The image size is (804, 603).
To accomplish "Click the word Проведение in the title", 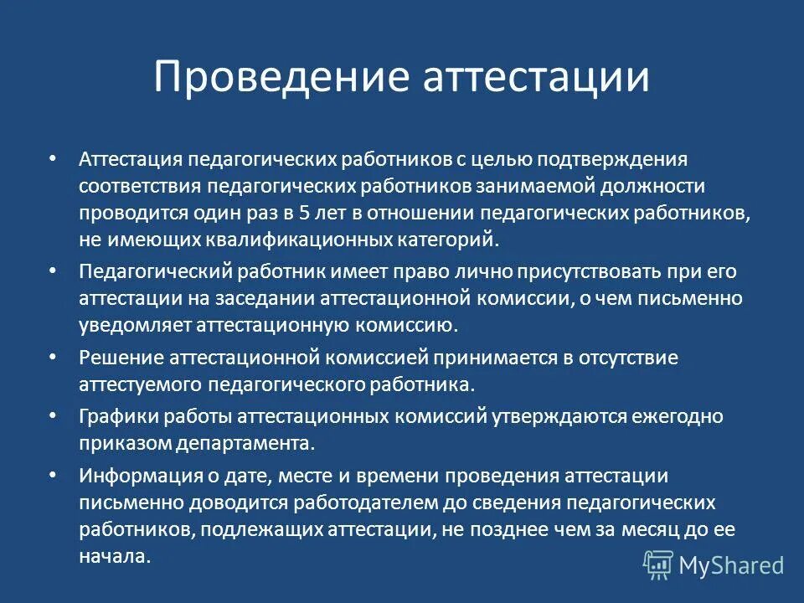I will [x=280, y=77].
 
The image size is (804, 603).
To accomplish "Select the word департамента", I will [x=260, y=443].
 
